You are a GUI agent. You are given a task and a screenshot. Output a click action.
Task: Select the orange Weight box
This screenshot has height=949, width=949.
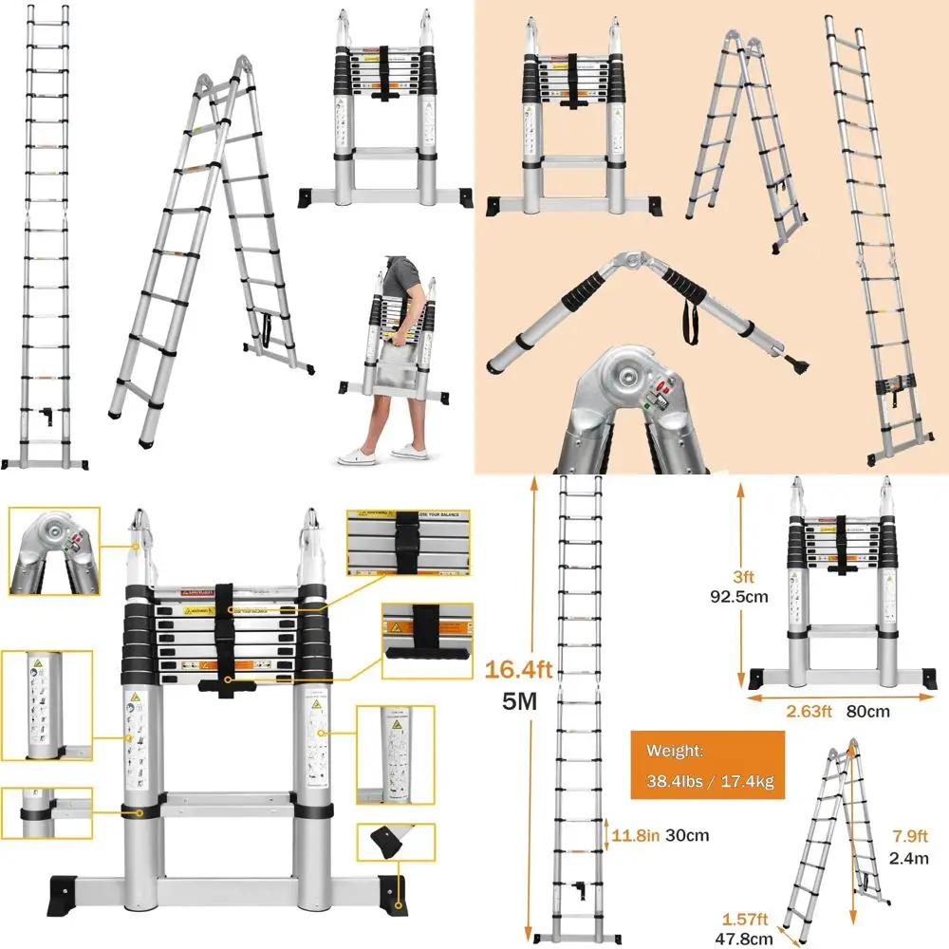pos(706,765)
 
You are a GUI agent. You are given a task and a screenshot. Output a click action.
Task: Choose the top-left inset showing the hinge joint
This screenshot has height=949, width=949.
pos(53,549)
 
